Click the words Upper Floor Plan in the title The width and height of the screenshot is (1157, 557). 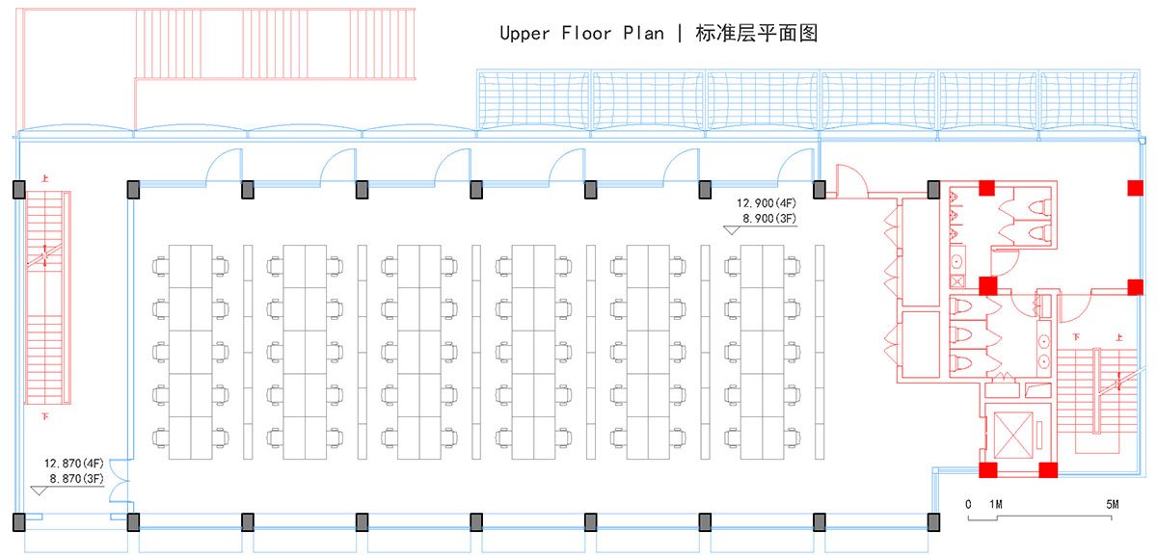click(x=581, y=34)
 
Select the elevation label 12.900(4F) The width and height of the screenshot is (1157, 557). click(x=767, y=203)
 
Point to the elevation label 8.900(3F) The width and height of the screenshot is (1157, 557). click(x=768, y=219)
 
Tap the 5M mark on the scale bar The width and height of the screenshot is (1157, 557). click(x=1112, y=504)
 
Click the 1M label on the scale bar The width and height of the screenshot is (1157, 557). click(x=996, y=504)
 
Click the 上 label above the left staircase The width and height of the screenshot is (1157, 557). click(x=44, y=178)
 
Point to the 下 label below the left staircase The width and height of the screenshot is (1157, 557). click(x=44, y=417)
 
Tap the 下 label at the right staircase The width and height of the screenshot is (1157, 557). click(x=1076, y=337)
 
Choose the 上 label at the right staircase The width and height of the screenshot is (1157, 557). click(x=1118, y=337)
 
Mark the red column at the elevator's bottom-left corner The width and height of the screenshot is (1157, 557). click(x=988, y=470)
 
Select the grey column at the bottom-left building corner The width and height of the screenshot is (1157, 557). click(x=19, y=522)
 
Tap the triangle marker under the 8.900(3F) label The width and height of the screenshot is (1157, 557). click(x=731, y=229)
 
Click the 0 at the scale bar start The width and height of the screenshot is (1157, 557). click(x=968, y=504)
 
